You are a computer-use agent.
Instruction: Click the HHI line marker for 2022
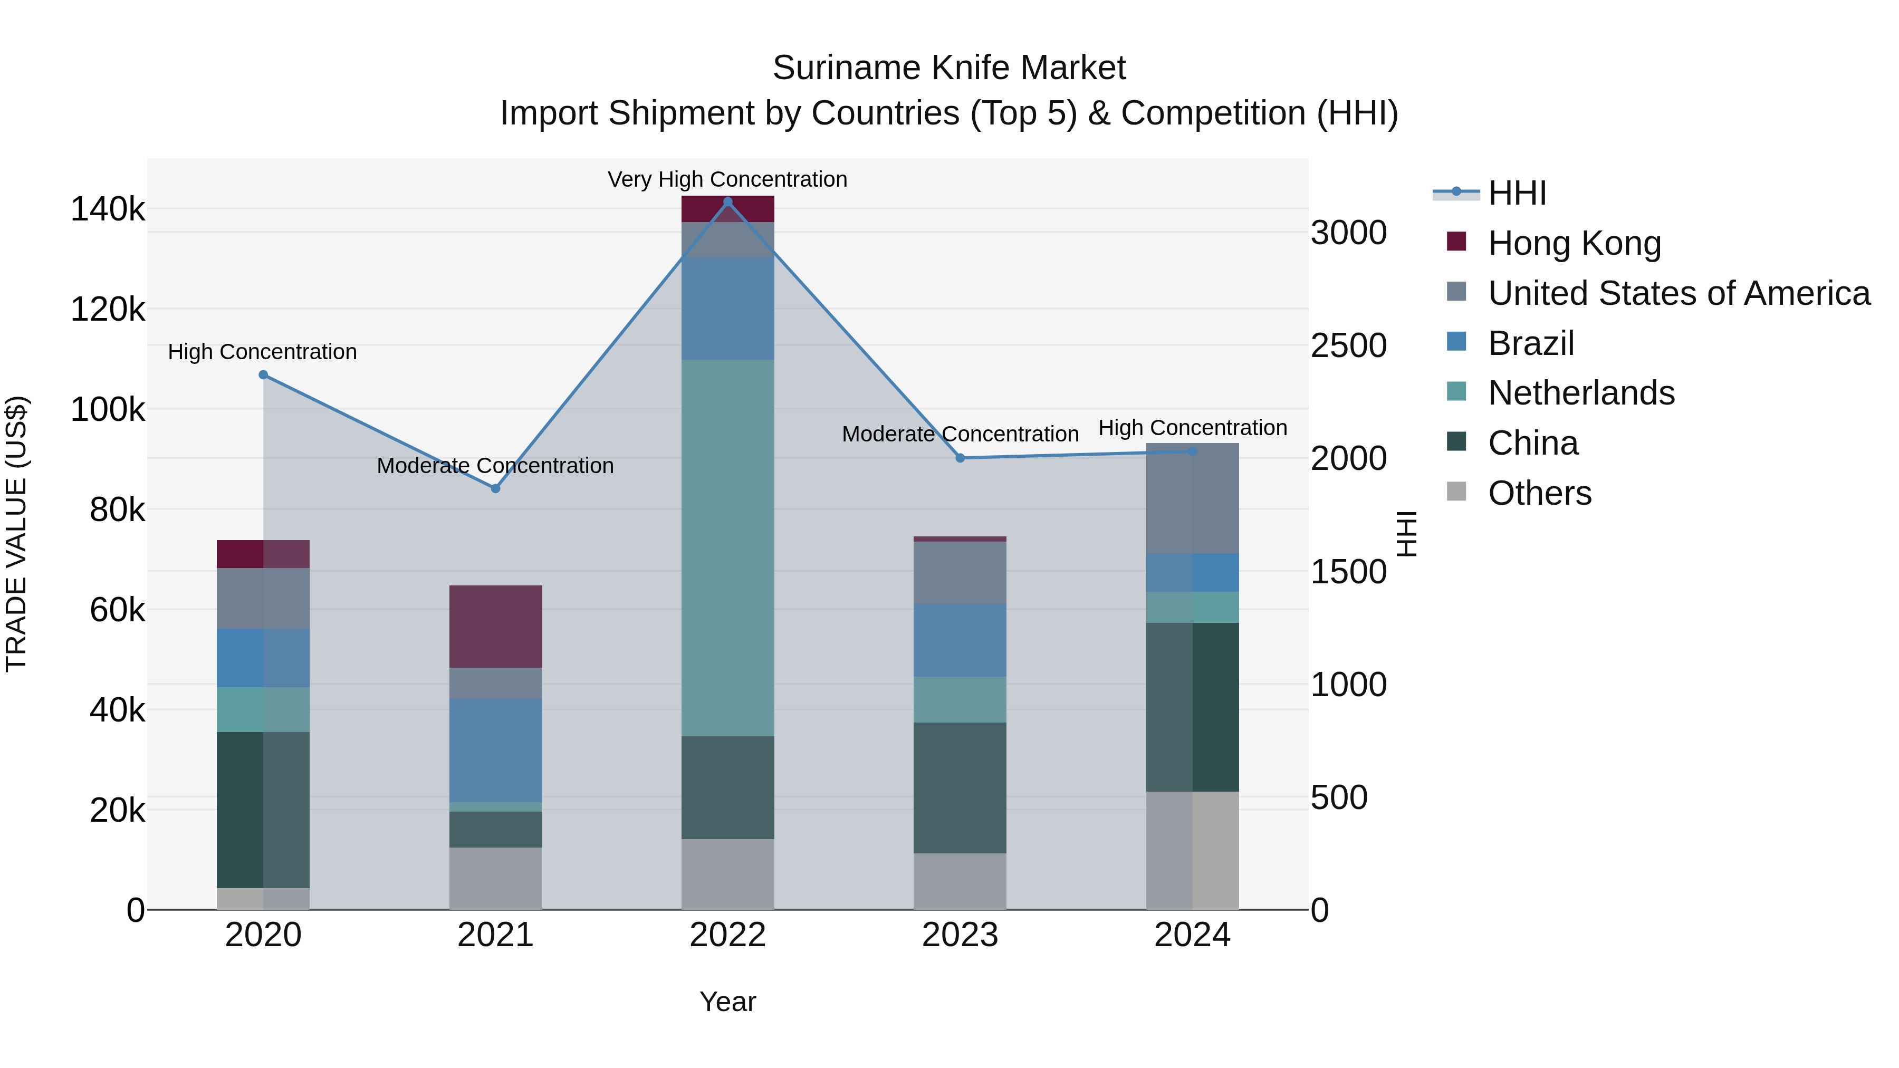(727, 202)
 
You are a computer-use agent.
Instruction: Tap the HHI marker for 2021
(495, 489)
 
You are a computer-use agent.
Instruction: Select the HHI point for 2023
(960, 458)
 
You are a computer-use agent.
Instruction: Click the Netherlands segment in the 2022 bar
(727, 547)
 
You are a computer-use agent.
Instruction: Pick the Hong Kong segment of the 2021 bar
(495, 627)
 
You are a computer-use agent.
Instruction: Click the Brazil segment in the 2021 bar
(495, 751)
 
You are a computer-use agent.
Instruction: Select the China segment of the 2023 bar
(960, 787)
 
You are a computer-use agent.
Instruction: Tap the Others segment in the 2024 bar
(1192, 851)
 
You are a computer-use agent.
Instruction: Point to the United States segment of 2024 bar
(1192, 498)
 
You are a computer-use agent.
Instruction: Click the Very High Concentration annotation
(727, 180)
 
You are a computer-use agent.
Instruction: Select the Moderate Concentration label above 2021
(495, 466)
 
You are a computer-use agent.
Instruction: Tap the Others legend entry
(1539, 493)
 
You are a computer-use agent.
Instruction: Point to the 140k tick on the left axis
(108, 209)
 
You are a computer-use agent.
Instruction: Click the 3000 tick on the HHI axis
(1348, 233)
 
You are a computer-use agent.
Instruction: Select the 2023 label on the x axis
(960, 935)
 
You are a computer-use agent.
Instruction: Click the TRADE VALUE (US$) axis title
(17, 534)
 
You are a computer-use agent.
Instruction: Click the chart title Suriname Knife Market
(949, 69)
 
